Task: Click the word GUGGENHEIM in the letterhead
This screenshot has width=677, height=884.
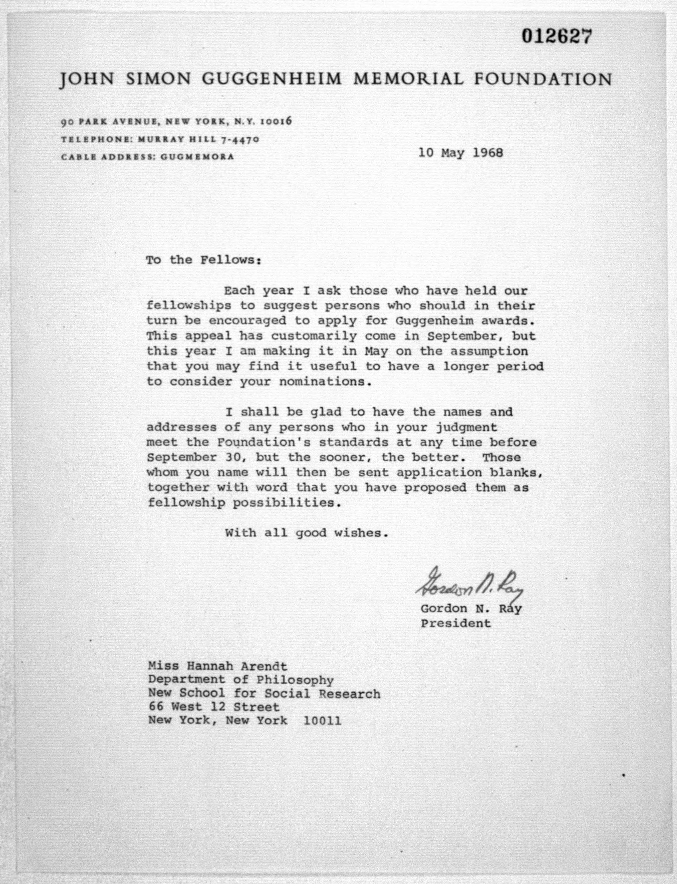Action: coord(272,79)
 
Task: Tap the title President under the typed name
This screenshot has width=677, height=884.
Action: coord(456,624)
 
